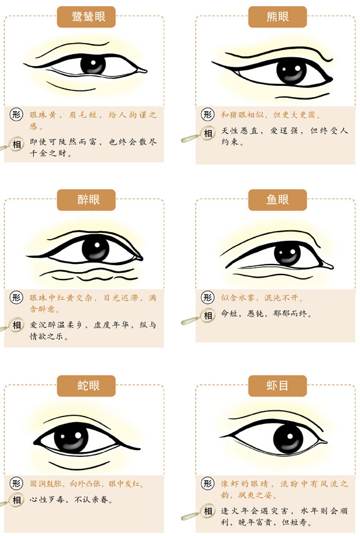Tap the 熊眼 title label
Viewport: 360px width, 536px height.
coord(277,17)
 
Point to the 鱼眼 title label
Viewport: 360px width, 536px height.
coord(277,200)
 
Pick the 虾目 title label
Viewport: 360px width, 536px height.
coord(277,385)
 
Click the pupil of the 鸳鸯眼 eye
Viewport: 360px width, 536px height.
coord(93,64)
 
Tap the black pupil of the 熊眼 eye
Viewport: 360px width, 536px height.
coord(291,72)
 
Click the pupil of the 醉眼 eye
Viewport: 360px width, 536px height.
coord(95,249)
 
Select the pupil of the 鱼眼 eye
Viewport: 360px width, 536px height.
coord(287,254)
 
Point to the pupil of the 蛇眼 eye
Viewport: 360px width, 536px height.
coord(71,437)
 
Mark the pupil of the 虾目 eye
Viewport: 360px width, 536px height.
coord(288,439)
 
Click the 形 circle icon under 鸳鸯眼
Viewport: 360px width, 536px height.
coord(16,114)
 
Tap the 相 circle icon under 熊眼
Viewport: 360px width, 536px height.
coord(207,133)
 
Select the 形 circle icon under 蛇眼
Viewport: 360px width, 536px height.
coord(16,483)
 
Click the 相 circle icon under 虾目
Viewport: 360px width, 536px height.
coord(207,511)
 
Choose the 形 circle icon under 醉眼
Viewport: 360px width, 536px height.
coord(16,297)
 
